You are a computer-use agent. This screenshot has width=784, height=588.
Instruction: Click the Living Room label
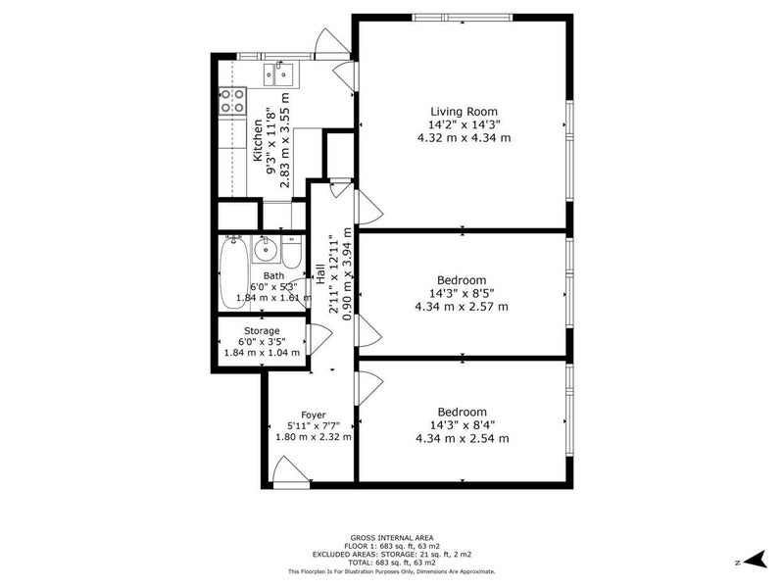(464, 112)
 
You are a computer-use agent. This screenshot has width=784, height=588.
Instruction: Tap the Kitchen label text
(258, 140)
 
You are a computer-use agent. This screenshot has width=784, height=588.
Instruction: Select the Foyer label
(314, 415)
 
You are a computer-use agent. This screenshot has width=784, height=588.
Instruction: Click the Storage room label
(262, 331)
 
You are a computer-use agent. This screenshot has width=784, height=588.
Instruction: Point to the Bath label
(273, 275)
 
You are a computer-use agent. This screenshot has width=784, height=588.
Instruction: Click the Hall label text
(320, 274)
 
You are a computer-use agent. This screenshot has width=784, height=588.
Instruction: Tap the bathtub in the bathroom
(234, 272)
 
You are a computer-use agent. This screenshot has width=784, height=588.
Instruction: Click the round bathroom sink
(265, 249)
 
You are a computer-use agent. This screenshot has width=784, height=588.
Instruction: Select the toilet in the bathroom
(290, 252)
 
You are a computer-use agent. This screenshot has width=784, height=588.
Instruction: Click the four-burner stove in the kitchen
(233, 101)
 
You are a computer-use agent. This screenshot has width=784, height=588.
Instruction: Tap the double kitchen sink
(278, 74)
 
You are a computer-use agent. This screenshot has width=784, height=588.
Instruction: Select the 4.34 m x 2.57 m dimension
(462, 307)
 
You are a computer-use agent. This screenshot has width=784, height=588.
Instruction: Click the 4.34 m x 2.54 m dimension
(463, 438)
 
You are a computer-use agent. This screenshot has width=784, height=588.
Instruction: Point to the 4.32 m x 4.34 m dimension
(464, 137)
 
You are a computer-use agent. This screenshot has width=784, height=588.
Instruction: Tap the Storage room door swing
(319, 339)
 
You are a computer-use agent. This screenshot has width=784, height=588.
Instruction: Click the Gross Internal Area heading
(392, 538)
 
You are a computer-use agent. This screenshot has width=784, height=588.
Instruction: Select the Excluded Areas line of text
(392, 555)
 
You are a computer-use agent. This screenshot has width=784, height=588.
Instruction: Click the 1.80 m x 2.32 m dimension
(314, 437)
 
